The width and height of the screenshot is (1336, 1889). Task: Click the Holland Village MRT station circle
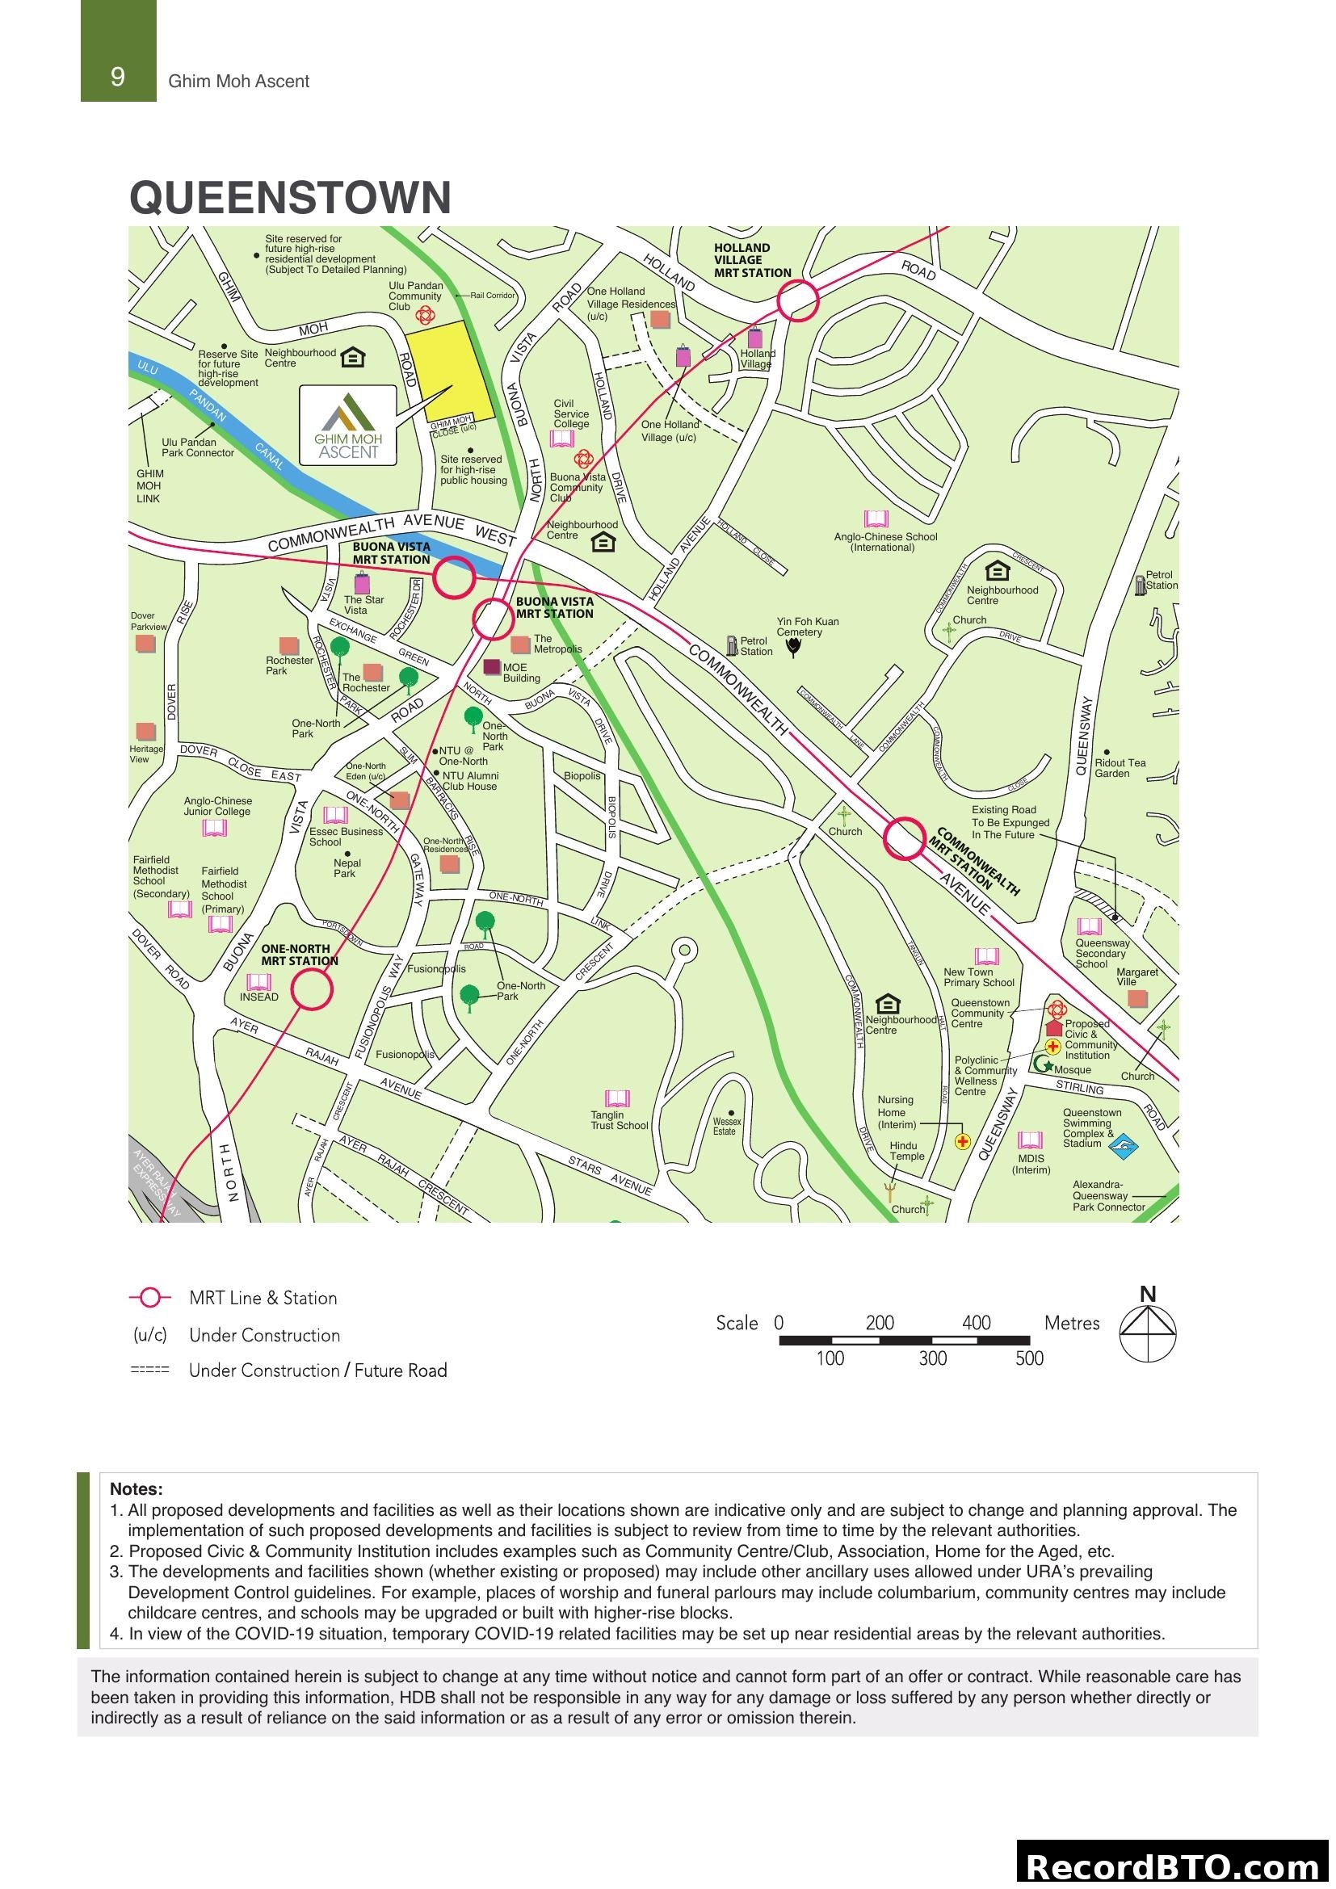coord(797,300)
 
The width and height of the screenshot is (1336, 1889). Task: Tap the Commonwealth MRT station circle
coord(905,837)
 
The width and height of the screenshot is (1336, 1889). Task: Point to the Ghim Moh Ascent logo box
coord(347,425)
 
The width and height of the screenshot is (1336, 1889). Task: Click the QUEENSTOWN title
coord(290,199)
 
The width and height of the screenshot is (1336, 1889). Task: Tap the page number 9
coord(118,78)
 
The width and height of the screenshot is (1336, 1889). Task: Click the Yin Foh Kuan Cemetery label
coord(807,626)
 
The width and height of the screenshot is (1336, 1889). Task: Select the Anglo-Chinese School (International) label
coord(885,541)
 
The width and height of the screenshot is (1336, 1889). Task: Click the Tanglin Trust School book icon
coord(617,1098)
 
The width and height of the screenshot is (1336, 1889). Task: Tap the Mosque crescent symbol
coord(1043,1064)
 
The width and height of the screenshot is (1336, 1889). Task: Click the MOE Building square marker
coord(491,667)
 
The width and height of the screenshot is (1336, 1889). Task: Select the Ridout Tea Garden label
coord(1120,767)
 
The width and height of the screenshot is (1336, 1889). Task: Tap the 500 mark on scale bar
coord(1028,1358)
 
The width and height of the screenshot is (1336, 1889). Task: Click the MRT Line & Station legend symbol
coord(150,1298)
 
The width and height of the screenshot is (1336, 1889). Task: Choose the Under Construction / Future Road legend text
coord(317,1371)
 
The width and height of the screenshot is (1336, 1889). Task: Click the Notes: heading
coord(136,1488)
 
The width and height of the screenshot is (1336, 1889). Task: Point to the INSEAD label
coord(259,997)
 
